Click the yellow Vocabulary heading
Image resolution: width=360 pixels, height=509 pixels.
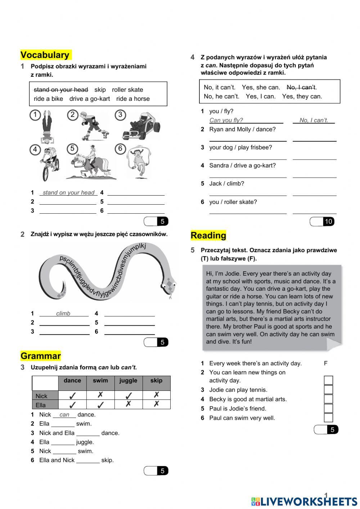coord(45,55)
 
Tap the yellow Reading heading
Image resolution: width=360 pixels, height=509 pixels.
coord(208,236)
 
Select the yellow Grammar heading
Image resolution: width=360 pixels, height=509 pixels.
coord(40,356)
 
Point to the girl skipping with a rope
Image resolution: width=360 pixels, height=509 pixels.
coord(138,161)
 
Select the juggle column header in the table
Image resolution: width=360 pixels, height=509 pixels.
coord(128,381)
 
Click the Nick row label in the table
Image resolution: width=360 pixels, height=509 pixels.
coord(42,396)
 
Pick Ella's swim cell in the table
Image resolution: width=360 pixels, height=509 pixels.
coord(100,405)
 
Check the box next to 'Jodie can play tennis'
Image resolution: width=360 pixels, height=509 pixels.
coord(328,390)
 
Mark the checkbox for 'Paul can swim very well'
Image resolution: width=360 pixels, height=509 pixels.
coord(328,418)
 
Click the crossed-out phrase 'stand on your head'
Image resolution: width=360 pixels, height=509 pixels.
coord(61,90)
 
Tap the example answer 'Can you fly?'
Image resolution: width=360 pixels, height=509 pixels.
coord(226,120)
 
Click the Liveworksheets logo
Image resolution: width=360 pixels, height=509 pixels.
coord(304,501)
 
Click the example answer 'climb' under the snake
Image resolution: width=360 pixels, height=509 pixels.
coord(63,313)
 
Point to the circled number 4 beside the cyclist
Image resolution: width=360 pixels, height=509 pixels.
coord(35,149)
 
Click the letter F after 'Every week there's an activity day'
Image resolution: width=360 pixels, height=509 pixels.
coord(325,363)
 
